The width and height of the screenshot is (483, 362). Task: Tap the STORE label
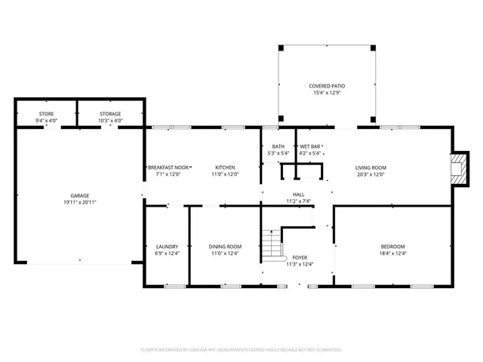coord(46,114)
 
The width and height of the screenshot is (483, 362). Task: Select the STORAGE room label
coord(110,114)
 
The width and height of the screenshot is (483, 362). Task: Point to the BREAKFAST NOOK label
coord(169,167)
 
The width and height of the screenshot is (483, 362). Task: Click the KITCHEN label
coord(225,167)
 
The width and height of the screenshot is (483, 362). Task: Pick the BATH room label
coord(278,146)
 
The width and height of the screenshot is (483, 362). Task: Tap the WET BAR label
coord(311,146)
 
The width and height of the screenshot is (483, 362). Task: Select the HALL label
coord(299,195)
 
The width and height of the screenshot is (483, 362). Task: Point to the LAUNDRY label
coord(167,247)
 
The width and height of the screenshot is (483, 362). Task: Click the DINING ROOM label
coord(225,247)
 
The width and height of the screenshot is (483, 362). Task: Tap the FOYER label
coord(299,257)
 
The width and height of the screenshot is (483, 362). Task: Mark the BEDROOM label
coord(392,247)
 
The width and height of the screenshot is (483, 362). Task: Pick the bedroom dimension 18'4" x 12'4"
coord(392,253)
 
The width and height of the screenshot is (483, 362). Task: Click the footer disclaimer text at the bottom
coord(241,350)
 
